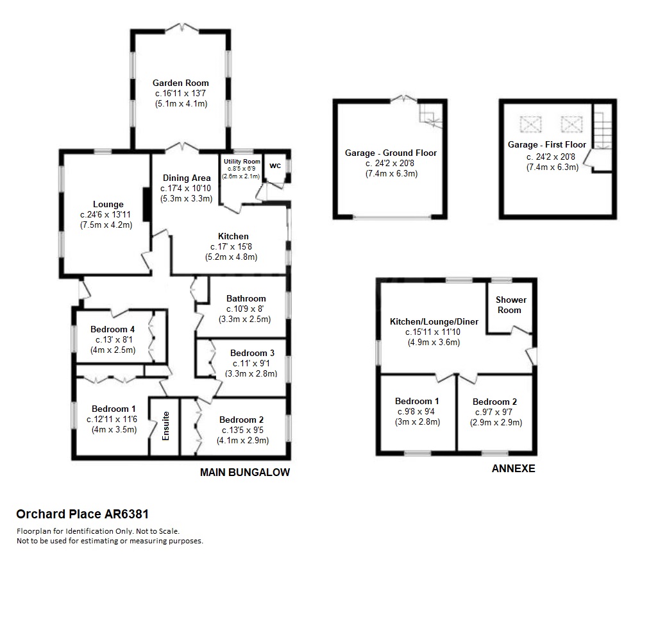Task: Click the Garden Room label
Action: click(180, 83)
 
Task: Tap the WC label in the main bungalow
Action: click(275, 166)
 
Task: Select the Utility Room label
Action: click(242, 162)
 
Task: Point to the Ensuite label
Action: click(165, 426)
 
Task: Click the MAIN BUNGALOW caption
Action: click(245, 472)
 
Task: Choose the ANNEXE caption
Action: click(514, 468)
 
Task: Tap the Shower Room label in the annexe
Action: click(510, 305)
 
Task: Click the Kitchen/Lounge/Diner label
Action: click(434, 321)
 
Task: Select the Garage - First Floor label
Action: click(547, 145)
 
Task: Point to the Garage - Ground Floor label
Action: click(391, 153)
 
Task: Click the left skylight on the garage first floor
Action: click(531, 124)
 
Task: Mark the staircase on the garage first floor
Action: click(602, 126)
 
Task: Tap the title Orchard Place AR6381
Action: click(82, 514)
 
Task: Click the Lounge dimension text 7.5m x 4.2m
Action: click(106, 225)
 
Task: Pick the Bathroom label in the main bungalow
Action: click(246, 298)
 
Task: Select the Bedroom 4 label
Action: click(112, 329)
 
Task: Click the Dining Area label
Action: click(187, 178)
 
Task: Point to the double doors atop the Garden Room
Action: click(181, 28)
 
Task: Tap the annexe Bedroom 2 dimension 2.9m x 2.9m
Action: click(496, 422)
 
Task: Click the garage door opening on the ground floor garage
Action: click(392, 217)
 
